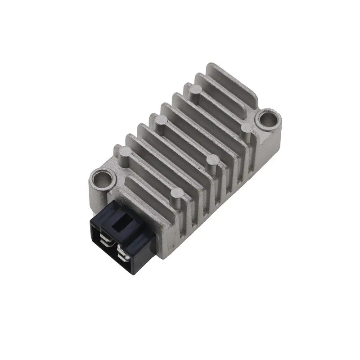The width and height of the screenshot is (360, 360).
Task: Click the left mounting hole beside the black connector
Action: click(102, 179)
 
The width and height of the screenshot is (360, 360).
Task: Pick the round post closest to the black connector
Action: click(177, 195)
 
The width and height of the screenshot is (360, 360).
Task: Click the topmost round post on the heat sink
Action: click(195, 90)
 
